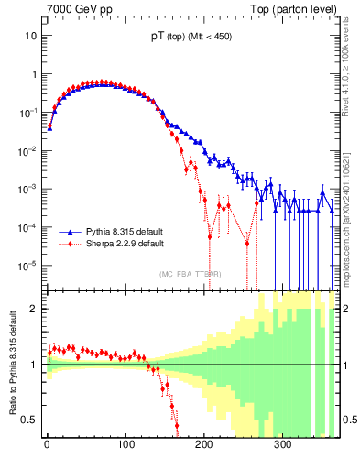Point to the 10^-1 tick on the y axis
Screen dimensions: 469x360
tap(28, 112)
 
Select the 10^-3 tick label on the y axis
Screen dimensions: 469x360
tap(28, 189)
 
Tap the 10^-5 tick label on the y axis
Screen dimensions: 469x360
tap(28, 266)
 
